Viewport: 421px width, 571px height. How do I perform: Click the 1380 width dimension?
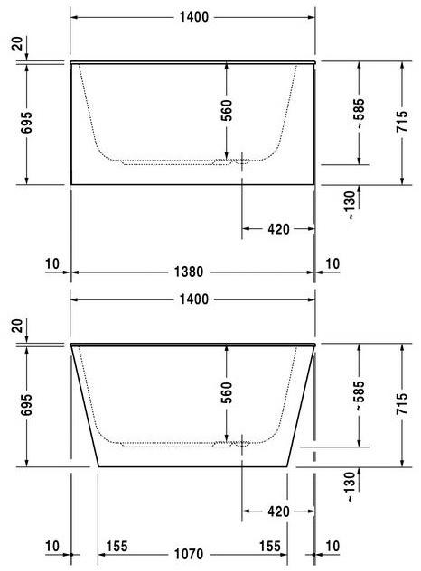coord(192,270)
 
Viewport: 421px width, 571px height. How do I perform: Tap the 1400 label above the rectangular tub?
coord(192,17)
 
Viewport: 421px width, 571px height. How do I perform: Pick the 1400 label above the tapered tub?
coord(192,299)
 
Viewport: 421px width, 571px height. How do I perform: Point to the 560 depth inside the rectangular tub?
coord(227,109)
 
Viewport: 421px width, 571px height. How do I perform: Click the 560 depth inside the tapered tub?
coord(227,391)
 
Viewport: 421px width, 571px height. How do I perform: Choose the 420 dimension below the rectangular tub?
coord(278,229)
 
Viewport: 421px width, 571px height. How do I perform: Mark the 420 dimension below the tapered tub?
coord(278,511)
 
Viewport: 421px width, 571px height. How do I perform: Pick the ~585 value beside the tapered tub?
coord(360,393)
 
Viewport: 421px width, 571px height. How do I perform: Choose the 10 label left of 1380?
coord(51,263)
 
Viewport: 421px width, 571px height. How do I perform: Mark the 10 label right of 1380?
coord(332,263)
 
